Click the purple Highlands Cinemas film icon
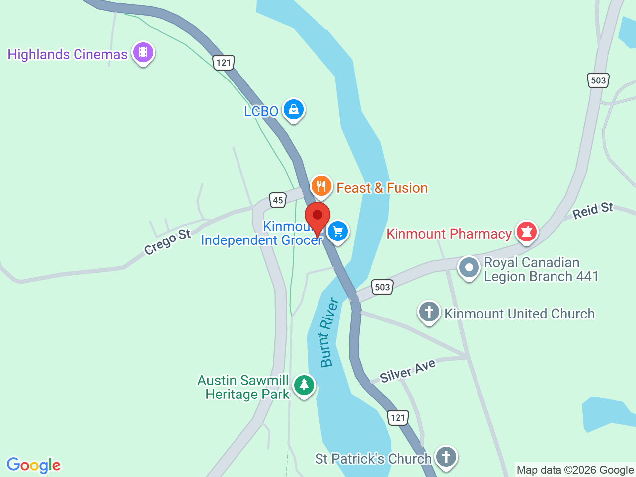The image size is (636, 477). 143,52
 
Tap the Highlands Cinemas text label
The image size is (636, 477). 68,54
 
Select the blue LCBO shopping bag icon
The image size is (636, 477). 294,109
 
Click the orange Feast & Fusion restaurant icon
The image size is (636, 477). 321,186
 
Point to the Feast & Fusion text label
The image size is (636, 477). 382,188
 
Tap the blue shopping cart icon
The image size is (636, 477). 338,231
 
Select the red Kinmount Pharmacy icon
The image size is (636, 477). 527,232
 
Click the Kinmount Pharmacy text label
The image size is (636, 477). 449,234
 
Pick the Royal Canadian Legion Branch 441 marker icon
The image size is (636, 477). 469,268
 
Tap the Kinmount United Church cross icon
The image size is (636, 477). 429,312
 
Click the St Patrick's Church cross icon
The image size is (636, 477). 446,456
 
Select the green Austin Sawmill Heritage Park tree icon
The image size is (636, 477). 304,385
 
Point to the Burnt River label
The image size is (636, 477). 329,332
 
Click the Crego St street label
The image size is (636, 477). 167,241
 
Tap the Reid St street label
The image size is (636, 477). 593,210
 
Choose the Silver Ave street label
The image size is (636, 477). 407,371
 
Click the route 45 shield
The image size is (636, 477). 278,200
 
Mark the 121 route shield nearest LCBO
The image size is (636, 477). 224,62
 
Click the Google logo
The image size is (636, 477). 34,465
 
